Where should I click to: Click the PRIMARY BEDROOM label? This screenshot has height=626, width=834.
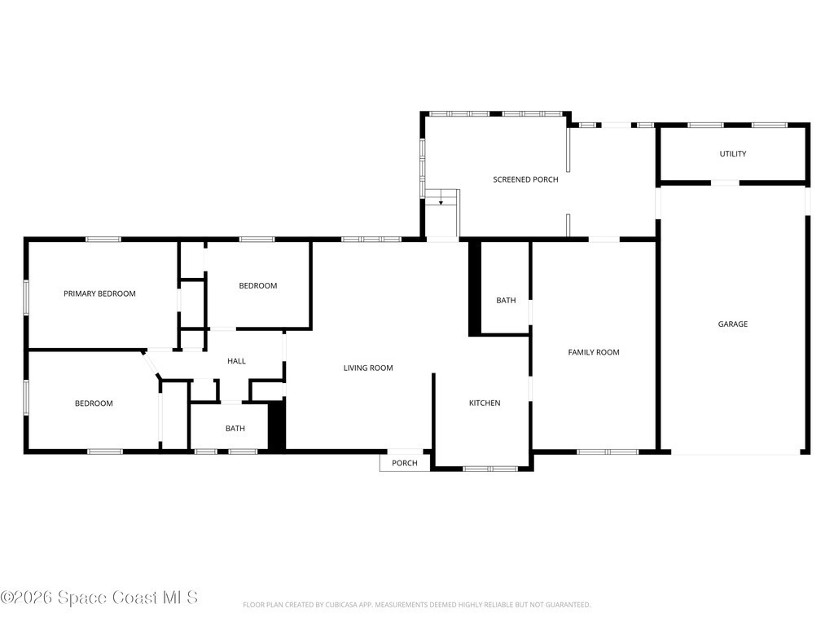point(99,293)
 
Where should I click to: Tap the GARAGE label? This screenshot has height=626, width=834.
point(732,324)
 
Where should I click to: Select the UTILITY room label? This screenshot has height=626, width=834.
point(732,153)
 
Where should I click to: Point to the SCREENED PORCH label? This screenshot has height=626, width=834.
point(525,179)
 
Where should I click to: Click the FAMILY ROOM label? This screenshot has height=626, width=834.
point(594,352)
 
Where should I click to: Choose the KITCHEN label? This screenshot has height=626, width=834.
point(485,403)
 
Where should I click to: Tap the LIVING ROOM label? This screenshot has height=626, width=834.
point(368,368)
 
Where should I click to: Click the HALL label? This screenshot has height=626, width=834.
point(236,361)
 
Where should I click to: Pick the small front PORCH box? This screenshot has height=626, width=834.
point(405,463)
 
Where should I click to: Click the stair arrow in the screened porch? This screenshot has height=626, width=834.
point(441,201)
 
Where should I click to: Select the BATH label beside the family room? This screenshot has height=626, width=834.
point(506,300)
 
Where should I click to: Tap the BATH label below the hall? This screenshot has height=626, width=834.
point(235,428)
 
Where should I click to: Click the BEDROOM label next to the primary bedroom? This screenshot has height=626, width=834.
point(258,286)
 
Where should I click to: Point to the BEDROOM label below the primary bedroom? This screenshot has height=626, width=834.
point(94,403)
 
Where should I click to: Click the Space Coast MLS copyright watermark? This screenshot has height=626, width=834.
point(99,597)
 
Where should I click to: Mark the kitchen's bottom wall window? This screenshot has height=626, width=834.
point(490,469)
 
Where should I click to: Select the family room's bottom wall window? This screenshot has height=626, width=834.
point(608,452)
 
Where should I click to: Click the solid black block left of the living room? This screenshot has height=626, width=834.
point(277,425)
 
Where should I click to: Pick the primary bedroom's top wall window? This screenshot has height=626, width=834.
point(103,240)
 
